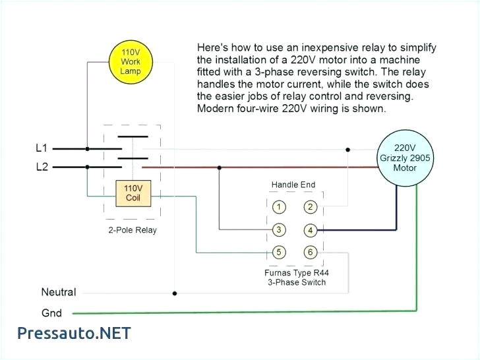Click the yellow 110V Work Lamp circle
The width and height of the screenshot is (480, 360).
(x=130, y=61)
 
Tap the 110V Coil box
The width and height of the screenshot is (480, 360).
(x=133, y=193)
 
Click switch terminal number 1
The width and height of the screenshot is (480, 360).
(x=279, y=207)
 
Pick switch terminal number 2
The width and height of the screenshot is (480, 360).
(x=311, y=207)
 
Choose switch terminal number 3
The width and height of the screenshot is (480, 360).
(x=279, y=229)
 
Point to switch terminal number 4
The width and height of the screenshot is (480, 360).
(x=311, y=230)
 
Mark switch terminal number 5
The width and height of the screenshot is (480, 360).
(x=279, y=252)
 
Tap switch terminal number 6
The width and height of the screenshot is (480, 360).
(x=311, y=252)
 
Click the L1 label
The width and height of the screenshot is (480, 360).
(x=41, y=148)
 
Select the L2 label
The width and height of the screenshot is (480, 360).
(x=41, y=167)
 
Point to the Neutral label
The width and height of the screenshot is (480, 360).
(x=59, y=292)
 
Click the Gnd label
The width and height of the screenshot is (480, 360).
(x=51, y=313)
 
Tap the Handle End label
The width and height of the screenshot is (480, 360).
(x=293, y=185)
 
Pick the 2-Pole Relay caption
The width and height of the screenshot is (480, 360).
(x=133, y=230)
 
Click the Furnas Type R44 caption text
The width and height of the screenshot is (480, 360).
(x=295, y=272)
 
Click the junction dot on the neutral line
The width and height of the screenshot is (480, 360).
(x=174, y=293)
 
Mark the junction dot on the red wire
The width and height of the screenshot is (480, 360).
(x=220, y=167)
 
